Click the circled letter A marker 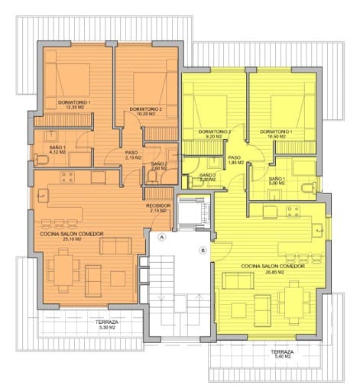coord(161,238)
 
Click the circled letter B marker coord(203,250)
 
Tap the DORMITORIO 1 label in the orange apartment coord(74,102)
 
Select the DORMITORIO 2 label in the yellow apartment coord(214,131)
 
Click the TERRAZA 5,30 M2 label coord(107,322)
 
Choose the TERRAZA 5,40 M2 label coord(282,352)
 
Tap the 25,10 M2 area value coord(73,239)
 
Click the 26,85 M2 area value coord(273,272)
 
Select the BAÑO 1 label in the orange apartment coord(59,147)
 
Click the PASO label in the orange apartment coord(131,152)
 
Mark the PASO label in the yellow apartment coord(235,158)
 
